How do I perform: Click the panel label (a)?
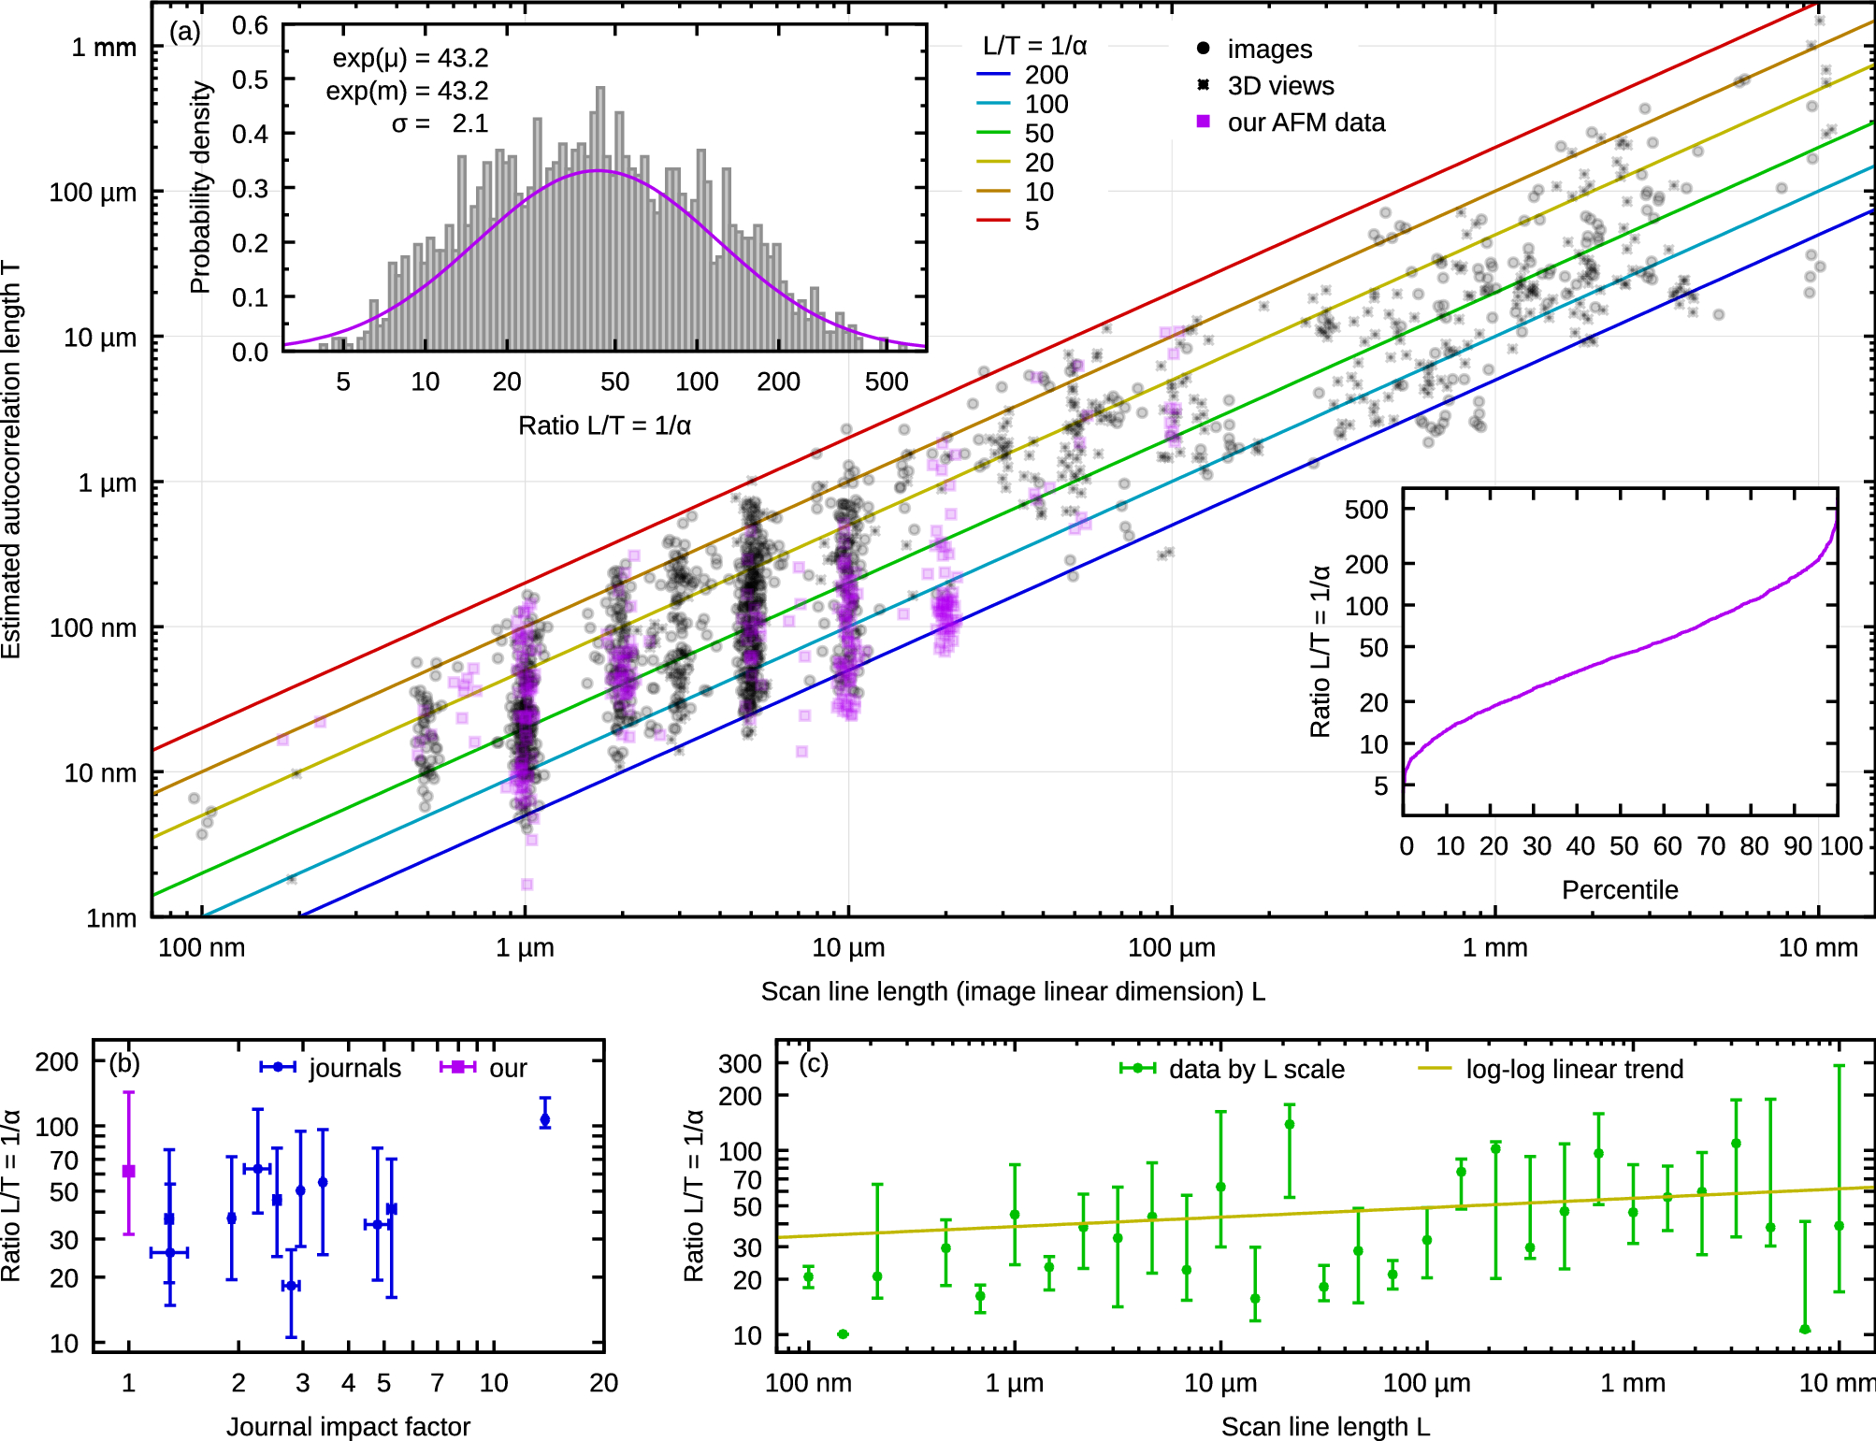184,33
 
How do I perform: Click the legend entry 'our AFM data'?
1306,122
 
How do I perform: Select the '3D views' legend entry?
1279,86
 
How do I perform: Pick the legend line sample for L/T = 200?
993,75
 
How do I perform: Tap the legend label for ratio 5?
1032,222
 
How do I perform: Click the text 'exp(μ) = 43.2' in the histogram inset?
410,58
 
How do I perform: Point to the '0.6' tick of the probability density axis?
250,25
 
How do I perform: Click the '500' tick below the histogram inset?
886,382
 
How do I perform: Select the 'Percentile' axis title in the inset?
1619,889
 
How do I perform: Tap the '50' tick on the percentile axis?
1623,846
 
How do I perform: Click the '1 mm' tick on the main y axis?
104,47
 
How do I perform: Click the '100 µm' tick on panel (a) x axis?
1171,947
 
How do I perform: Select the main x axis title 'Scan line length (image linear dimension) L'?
1012,991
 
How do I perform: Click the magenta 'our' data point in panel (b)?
129,1171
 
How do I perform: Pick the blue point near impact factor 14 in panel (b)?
545,1119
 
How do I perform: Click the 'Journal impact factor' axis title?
348,1426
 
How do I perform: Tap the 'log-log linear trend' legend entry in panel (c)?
1574,1069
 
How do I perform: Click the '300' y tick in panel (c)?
740,1063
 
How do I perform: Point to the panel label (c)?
813,1064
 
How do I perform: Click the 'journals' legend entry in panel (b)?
354,1068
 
